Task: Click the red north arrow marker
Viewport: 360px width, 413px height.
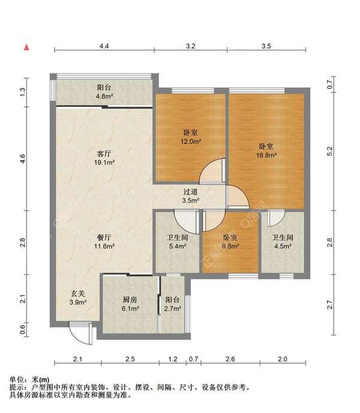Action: pos(26,47)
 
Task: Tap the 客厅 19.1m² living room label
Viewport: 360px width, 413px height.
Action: pos(104,158)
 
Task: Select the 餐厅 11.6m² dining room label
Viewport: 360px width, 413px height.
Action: pos(104,242)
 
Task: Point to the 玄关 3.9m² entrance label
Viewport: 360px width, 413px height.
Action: pos(78,298)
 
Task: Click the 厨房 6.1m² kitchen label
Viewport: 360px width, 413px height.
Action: pos(130,304)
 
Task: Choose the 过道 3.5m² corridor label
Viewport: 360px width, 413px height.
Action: pos(190,196)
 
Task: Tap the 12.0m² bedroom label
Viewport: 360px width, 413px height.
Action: pos(190,137)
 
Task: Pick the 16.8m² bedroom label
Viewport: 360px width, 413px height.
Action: pos(266,151)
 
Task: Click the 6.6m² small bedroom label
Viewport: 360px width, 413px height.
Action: pos(230,242)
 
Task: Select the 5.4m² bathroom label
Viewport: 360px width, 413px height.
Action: pos(178,242)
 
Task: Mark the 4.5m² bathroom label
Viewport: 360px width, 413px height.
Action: pos(283,242)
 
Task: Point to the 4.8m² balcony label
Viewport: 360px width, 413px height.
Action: pos(104,92)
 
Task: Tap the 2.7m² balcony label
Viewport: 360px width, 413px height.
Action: pos(172,304)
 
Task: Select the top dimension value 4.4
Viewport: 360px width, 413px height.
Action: pos(104,46)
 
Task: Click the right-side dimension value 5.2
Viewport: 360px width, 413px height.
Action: pos(330,151)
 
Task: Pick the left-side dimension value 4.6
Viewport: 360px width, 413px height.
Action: pos(23,159)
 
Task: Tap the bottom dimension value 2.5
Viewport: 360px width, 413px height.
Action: pos(130,359)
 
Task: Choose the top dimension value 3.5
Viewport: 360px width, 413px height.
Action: pos(266,46)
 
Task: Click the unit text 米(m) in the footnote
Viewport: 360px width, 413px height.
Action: pos(40,380)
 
